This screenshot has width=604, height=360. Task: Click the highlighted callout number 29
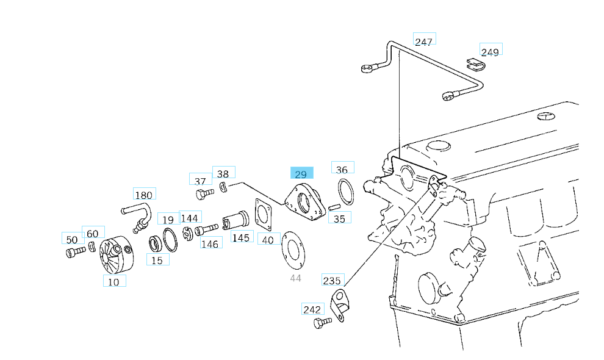(x=301, y=173)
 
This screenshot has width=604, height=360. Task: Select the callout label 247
(x=424, y=41)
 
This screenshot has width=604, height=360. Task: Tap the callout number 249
(x=490, y=51)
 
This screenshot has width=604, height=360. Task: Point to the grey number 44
(x=295, y=278)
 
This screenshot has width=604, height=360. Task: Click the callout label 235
(x=333, y=280)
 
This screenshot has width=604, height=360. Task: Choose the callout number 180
(x=144, y=195)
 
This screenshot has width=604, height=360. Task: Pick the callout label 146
(x=210, y=243)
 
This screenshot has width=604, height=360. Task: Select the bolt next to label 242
(x=322, y=322)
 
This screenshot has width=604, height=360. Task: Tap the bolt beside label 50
(x=74, y=251)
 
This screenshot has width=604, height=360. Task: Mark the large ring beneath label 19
(x=170, y=240)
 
